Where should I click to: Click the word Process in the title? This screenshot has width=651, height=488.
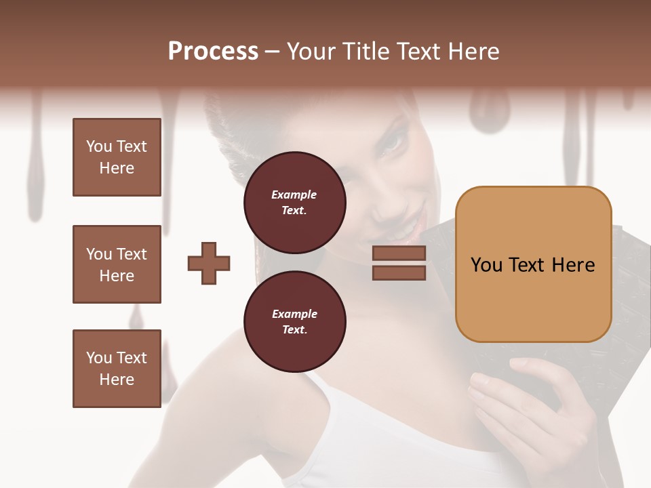pyautogui.click(x=213, y=52)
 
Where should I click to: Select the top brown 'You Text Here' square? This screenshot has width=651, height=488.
pyautogui.click(x=117, y=157)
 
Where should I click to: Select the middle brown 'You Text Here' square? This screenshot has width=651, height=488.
pyautogui.click(x=117, y=264)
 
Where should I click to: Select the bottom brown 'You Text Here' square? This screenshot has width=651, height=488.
pyautogui.click(x=117, y=369)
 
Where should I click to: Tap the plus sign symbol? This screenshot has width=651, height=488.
pyautogui.click(x=209, y=263)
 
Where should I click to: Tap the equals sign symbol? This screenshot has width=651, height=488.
pyautogui.click(x=399, y=263)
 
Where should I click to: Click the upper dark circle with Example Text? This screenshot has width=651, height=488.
pyautogui.click(x=294, y=203)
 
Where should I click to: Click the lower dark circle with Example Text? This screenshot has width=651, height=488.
pyautogui.click(x=294, y=322)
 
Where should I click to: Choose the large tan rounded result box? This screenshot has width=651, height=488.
pyautogui.click(x=533, y=264)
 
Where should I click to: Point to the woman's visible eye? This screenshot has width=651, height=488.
pyautogui.click(x=393, y=143)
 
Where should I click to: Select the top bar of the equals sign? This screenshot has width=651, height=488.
pyautogui.click(x=399, y=253)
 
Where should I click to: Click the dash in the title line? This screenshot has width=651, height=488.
pyautogui.click(x=273, y=52)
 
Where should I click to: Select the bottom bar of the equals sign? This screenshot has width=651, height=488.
pyautogui.click(x=399, y=273)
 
